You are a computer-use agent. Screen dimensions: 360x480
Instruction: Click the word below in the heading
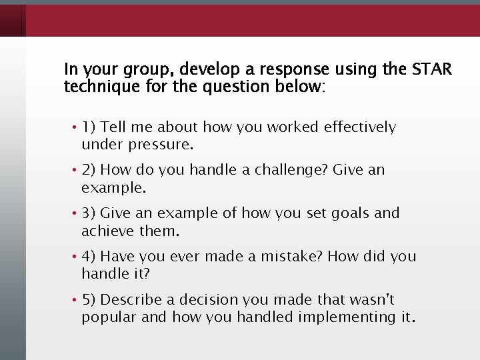[299, 86]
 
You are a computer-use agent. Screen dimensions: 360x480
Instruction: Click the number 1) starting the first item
[91, 127]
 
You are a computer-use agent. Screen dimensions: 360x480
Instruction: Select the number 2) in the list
[91, 170]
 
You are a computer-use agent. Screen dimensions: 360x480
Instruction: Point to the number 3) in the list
[91, 213]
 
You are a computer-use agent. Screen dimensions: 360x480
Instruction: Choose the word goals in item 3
[347, 213]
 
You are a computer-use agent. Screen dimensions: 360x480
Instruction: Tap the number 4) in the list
[91, 257]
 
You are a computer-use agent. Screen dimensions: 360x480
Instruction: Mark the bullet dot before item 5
[76, 300]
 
